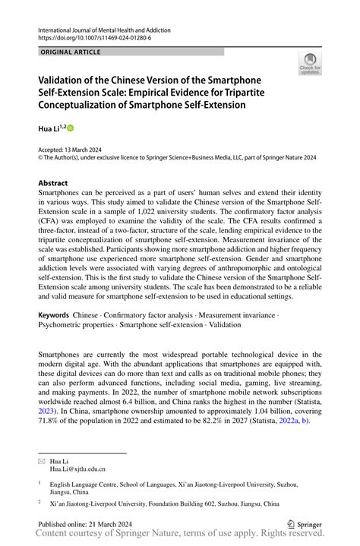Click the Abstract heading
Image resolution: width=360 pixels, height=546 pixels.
(x=53, y=183)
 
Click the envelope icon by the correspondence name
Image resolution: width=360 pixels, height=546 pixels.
(x=42, y=460)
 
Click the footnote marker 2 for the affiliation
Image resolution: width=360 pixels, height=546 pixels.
(x=40, y=502)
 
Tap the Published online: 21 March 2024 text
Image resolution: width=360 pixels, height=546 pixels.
(x=86, y=524)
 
